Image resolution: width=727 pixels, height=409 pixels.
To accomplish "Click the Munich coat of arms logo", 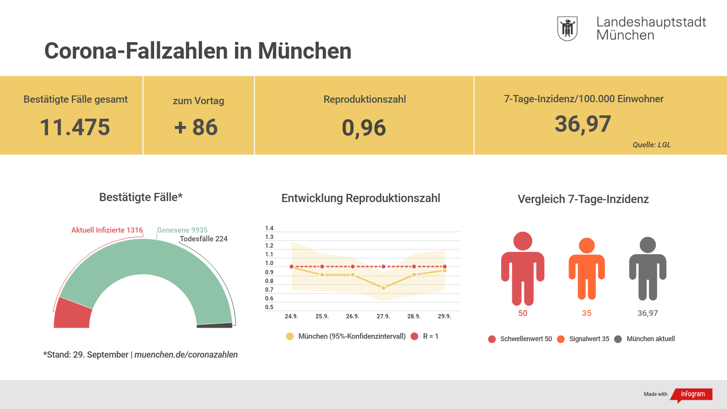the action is point(567,29).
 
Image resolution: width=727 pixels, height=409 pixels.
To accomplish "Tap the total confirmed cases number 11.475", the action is point(75,127).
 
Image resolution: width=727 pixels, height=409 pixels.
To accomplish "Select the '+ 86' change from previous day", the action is point(196,127).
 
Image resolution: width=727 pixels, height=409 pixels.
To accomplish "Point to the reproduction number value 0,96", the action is point(364,128).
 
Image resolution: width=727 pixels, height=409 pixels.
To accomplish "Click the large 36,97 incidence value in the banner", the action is point(583,125).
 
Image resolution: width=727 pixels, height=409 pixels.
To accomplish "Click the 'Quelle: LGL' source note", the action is point(651,145).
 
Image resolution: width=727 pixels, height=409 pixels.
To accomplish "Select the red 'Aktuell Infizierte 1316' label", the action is point(107,230).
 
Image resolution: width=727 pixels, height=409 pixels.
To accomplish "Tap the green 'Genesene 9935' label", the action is point(182,230).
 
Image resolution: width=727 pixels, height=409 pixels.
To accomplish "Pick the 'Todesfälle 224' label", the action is point(204,239).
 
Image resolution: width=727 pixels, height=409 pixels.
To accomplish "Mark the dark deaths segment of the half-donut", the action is point(215,325).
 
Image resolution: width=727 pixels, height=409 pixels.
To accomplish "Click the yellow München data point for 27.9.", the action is point(383,288).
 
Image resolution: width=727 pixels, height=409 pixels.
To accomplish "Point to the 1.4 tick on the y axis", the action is point(269,228).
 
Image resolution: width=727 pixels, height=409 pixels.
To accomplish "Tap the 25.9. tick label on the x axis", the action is point(322,316).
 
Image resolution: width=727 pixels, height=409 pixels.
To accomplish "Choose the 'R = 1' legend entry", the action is point(425,336).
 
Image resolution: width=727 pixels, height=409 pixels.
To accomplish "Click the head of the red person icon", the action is point(522,241).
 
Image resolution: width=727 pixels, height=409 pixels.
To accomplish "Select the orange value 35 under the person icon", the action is point(586,313).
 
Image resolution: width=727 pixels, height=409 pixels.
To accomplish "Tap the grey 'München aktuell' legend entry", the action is point(645,339).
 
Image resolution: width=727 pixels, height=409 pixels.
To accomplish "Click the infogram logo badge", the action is point(693,394).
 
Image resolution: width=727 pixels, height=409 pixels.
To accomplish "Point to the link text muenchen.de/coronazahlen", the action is point(186,355).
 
